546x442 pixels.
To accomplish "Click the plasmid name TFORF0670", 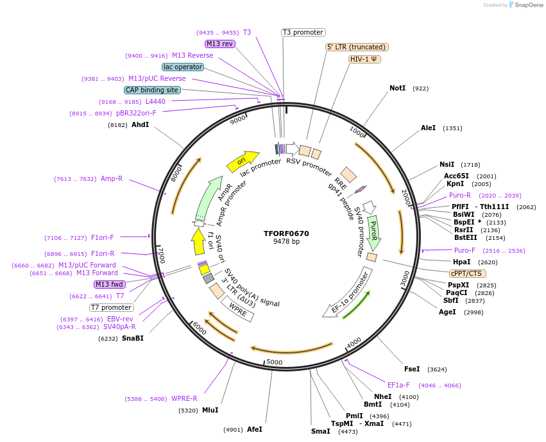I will pyautogui.click(x=286, y=234).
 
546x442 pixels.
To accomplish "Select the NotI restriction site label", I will pyautogui.click(x=397, y=88).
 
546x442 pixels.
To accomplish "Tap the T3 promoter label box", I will pyautogui.click(x=303, y=32).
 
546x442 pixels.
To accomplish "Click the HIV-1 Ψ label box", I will pyautogui.click(x=365, y=59).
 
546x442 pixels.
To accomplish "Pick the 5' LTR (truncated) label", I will pyautogui.click(x=357, y=47).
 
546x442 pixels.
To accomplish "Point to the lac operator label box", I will pyautogui.click(x=183, y=67).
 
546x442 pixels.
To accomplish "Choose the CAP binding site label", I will pyautogui.click(x=152, y=90).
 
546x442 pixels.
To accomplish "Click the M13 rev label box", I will pyautogui.click(x=219, y=44).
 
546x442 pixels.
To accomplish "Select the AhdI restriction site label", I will pyautogui.click(x=140, y=124).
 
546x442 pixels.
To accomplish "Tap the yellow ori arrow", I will pyautogui.click(x=243, y=161).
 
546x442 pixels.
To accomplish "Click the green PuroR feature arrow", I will pyautogui.click(x=374, y=232).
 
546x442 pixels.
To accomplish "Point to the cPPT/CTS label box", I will pyautogui.click(x=466, y=273).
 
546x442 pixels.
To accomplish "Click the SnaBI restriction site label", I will pyautogui.click(x=132, y=338).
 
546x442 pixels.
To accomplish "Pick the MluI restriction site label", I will pyautogui.click(x=210, y=410).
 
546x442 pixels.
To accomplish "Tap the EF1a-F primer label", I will pyautogui.click(x=398, y=385).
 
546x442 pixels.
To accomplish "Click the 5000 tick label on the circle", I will pyautogui.click(x=275, y=362).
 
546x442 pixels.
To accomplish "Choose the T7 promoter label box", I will pyautogui.click(x=112, y=307).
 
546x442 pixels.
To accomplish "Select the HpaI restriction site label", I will pyautogui.click(x=461, y=262).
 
